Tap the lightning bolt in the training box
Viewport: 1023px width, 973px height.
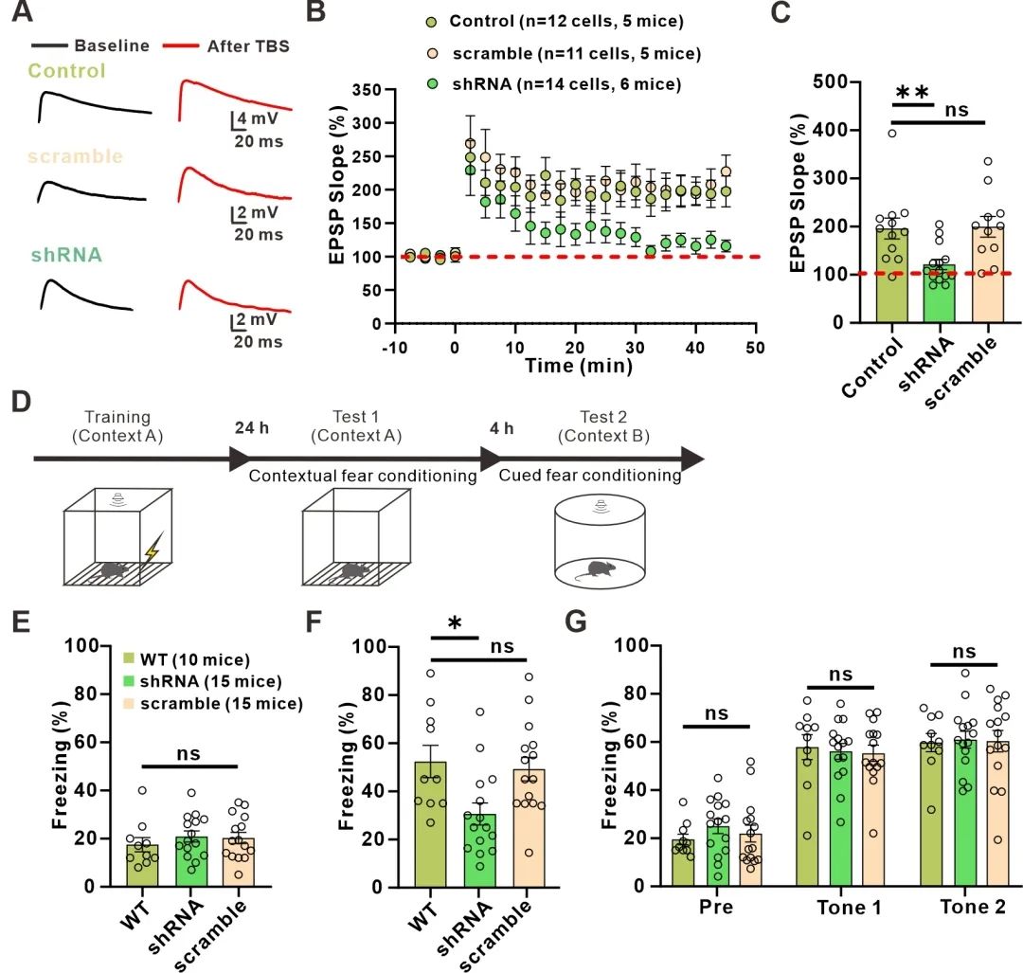151,549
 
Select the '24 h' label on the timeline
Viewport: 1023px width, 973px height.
252,428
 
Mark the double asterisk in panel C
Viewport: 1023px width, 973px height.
913,93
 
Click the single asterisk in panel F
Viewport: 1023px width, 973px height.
455,622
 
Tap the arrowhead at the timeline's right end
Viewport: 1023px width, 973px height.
693,459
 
